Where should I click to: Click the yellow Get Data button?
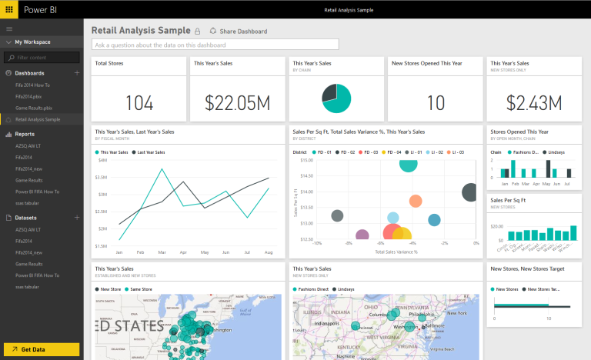41,349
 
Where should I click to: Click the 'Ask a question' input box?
215,45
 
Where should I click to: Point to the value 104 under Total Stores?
139,102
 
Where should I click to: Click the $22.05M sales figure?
238,102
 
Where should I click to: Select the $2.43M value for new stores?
533,102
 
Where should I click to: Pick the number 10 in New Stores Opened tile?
436,102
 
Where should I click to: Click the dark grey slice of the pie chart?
329,94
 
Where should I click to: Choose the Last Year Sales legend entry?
152,152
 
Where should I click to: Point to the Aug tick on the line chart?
268,252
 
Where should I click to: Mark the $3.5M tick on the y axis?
101,177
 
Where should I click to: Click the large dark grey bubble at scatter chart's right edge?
469,192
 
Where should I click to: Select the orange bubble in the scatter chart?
416,202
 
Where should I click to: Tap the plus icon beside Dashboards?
77,72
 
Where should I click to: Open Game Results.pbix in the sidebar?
34,108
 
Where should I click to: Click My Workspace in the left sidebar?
32,42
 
